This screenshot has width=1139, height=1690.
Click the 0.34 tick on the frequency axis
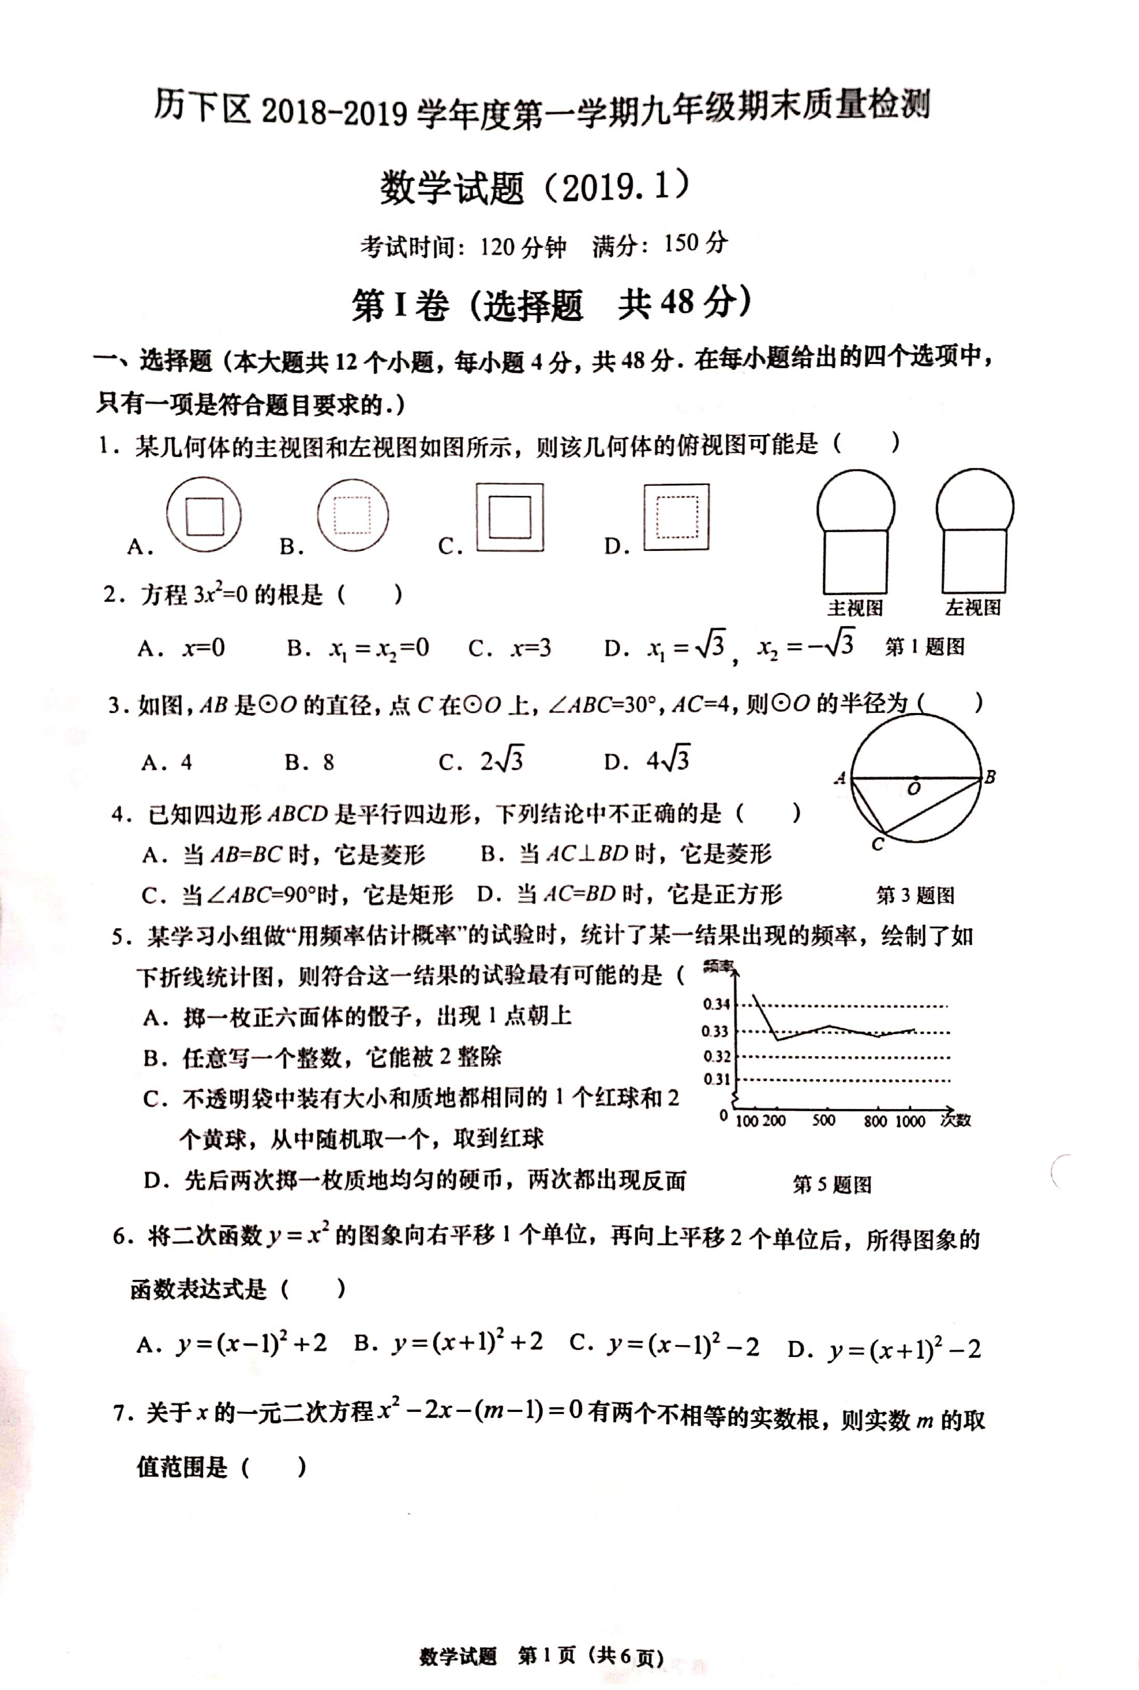(716, 1004)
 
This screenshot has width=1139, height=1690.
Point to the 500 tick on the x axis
(823, 1120)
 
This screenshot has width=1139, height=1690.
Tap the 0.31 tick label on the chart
(716, 1079)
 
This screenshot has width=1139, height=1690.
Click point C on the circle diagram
(878, 844)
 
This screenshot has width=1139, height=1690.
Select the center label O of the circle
(914, 789)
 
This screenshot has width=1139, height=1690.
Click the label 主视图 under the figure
(855, 607)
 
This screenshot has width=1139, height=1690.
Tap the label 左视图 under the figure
(973, 607)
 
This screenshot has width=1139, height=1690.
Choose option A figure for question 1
(203, 516)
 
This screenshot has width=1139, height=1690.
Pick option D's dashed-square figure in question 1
(676, 516)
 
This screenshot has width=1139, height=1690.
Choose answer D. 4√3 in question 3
(647, 761)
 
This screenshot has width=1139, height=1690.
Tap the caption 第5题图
(832, 1185)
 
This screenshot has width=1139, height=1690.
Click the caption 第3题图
(915, 895)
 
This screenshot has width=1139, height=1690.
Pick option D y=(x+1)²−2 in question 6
(884, 1349)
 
